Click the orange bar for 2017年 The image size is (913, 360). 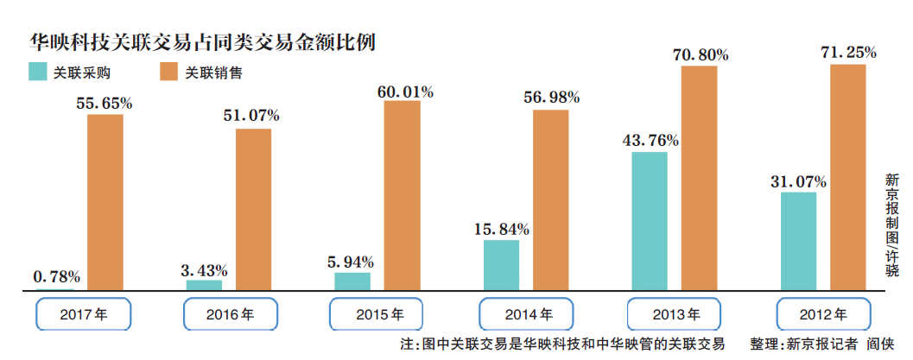pos(105,201)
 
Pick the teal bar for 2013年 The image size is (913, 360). pos(650,220)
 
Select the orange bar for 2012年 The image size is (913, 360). pos(847,176)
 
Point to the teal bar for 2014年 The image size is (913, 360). pos(501,264)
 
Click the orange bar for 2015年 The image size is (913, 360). pos(402,194)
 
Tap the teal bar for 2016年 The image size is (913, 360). pos(204,284)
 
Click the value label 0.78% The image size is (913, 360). pos(57,277)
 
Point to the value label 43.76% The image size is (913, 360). pos(650,140)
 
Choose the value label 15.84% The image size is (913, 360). pos(501,229)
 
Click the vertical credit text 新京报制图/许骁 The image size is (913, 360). pos(891,224)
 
